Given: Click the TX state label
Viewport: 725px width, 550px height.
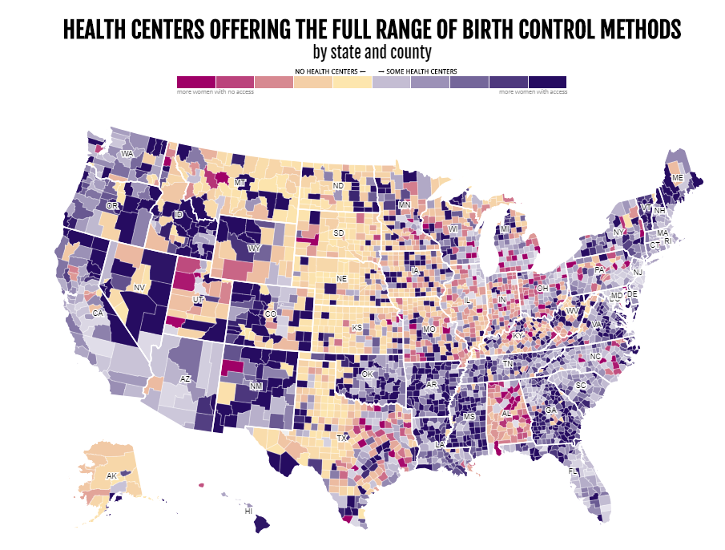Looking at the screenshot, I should pyautogui.click(x=342, y=439).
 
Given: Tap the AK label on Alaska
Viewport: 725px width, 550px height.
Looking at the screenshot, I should pyautogui.click(x=112, y=476).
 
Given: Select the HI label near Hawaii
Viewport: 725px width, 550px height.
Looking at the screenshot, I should pyautogui.click(x=248, y=511).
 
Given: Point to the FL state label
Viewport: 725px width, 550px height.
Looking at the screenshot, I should pyautogui.click(x=573, y=471).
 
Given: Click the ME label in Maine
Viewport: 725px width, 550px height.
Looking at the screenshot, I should pyautogui.click(x=678, y=177).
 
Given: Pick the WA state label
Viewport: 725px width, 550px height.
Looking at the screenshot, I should pyautogui.click(x=127, y=153).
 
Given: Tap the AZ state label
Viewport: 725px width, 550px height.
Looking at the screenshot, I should pyautogui.click(x=185, y=378).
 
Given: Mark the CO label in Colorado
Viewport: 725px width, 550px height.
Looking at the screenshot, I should pyautogui.click(x=270, y=313).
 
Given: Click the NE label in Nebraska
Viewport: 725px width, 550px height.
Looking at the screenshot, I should pyautogui.click(x=341, y=278).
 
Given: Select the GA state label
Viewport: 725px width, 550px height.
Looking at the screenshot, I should pyautogui.click(x=551, y=410).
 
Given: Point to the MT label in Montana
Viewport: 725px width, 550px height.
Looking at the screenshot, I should pyautogui.click(x=240, y=183).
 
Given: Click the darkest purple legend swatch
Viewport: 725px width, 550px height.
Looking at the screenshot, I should pyautogui.click(x=547, y=82).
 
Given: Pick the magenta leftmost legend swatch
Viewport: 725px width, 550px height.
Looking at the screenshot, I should pyautogui.click(x=196, y=82).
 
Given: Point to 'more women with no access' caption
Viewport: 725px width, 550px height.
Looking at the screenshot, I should pyautogui.click(x=207, y=91).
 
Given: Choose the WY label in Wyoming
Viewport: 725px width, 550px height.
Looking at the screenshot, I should pyautogui.click(x=255, y=249).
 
